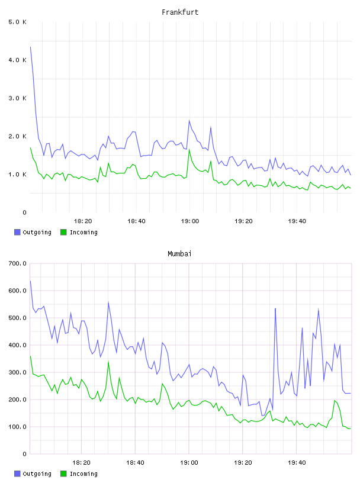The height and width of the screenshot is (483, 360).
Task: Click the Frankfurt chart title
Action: (x=180, y=12)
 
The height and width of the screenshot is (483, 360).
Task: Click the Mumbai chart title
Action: (x=179, y=254)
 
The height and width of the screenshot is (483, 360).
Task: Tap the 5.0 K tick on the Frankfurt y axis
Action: (x=17, y=22)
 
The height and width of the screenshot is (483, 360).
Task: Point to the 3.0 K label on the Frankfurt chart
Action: (x=17, y=98)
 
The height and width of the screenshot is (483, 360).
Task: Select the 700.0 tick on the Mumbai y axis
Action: (x=17, y=263)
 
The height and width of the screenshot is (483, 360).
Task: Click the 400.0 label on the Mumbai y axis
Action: (x=17, y=345)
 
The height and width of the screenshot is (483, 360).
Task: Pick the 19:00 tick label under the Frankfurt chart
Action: (x=190, y=221)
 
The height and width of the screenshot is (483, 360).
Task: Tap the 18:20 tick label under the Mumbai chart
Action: (x=81, y=463)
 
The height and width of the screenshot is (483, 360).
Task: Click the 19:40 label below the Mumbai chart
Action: (x=297, y=463)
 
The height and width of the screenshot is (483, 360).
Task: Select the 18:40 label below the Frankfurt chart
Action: (x=136, y=221)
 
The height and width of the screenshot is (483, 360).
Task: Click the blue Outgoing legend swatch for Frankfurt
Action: (x=17, y=232)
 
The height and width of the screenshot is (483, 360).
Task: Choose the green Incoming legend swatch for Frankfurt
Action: (x=63, y=232)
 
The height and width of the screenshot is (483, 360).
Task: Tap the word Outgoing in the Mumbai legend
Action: (x=37, y=474)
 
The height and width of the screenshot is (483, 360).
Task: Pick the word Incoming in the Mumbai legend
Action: (x=83, y=474)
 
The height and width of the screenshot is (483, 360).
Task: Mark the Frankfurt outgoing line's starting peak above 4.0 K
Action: (x=30, y=47)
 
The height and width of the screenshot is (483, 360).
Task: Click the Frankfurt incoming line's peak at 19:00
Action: (x=189, y=149)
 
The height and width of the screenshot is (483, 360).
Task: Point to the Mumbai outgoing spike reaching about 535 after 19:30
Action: (x=275, y=308)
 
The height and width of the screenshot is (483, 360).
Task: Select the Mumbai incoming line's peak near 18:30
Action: (x=108, y=362)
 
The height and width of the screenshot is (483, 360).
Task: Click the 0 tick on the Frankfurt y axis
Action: (x=24, y=212)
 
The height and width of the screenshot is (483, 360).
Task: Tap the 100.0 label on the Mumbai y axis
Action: (x=17, y=427)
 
